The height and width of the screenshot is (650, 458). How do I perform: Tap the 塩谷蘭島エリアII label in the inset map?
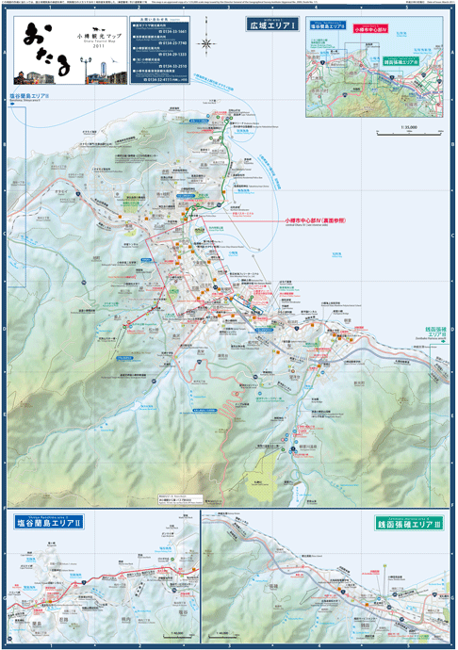click(328, 28)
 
